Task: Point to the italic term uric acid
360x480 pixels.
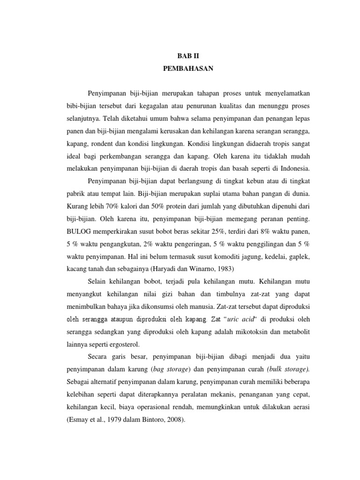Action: (240, 319)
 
